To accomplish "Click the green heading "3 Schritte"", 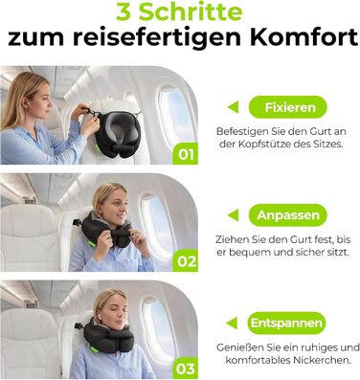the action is pos(179,12).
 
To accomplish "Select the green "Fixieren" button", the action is pos(287,107).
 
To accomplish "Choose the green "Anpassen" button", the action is pos(287,215).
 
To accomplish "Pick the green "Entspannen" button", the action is pos(286,323).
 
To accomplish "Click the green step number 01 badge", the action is pos(186,154).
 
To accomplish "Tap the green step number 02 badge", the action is pos(186,260).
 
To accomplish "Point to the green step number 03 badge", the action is pos(186,369).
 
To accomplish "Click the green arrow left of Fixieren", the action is pos(233,107).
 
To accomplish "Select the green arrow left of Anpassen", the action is pos(233,215).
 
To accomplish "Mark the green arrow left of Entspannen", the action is pos(232,323).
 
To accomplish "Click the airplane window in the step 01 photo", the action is pos(175,114).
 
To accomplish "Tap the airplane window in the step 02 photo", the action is pos(157,223).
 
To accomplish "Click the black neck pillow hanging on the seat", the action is pos(116,133).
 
